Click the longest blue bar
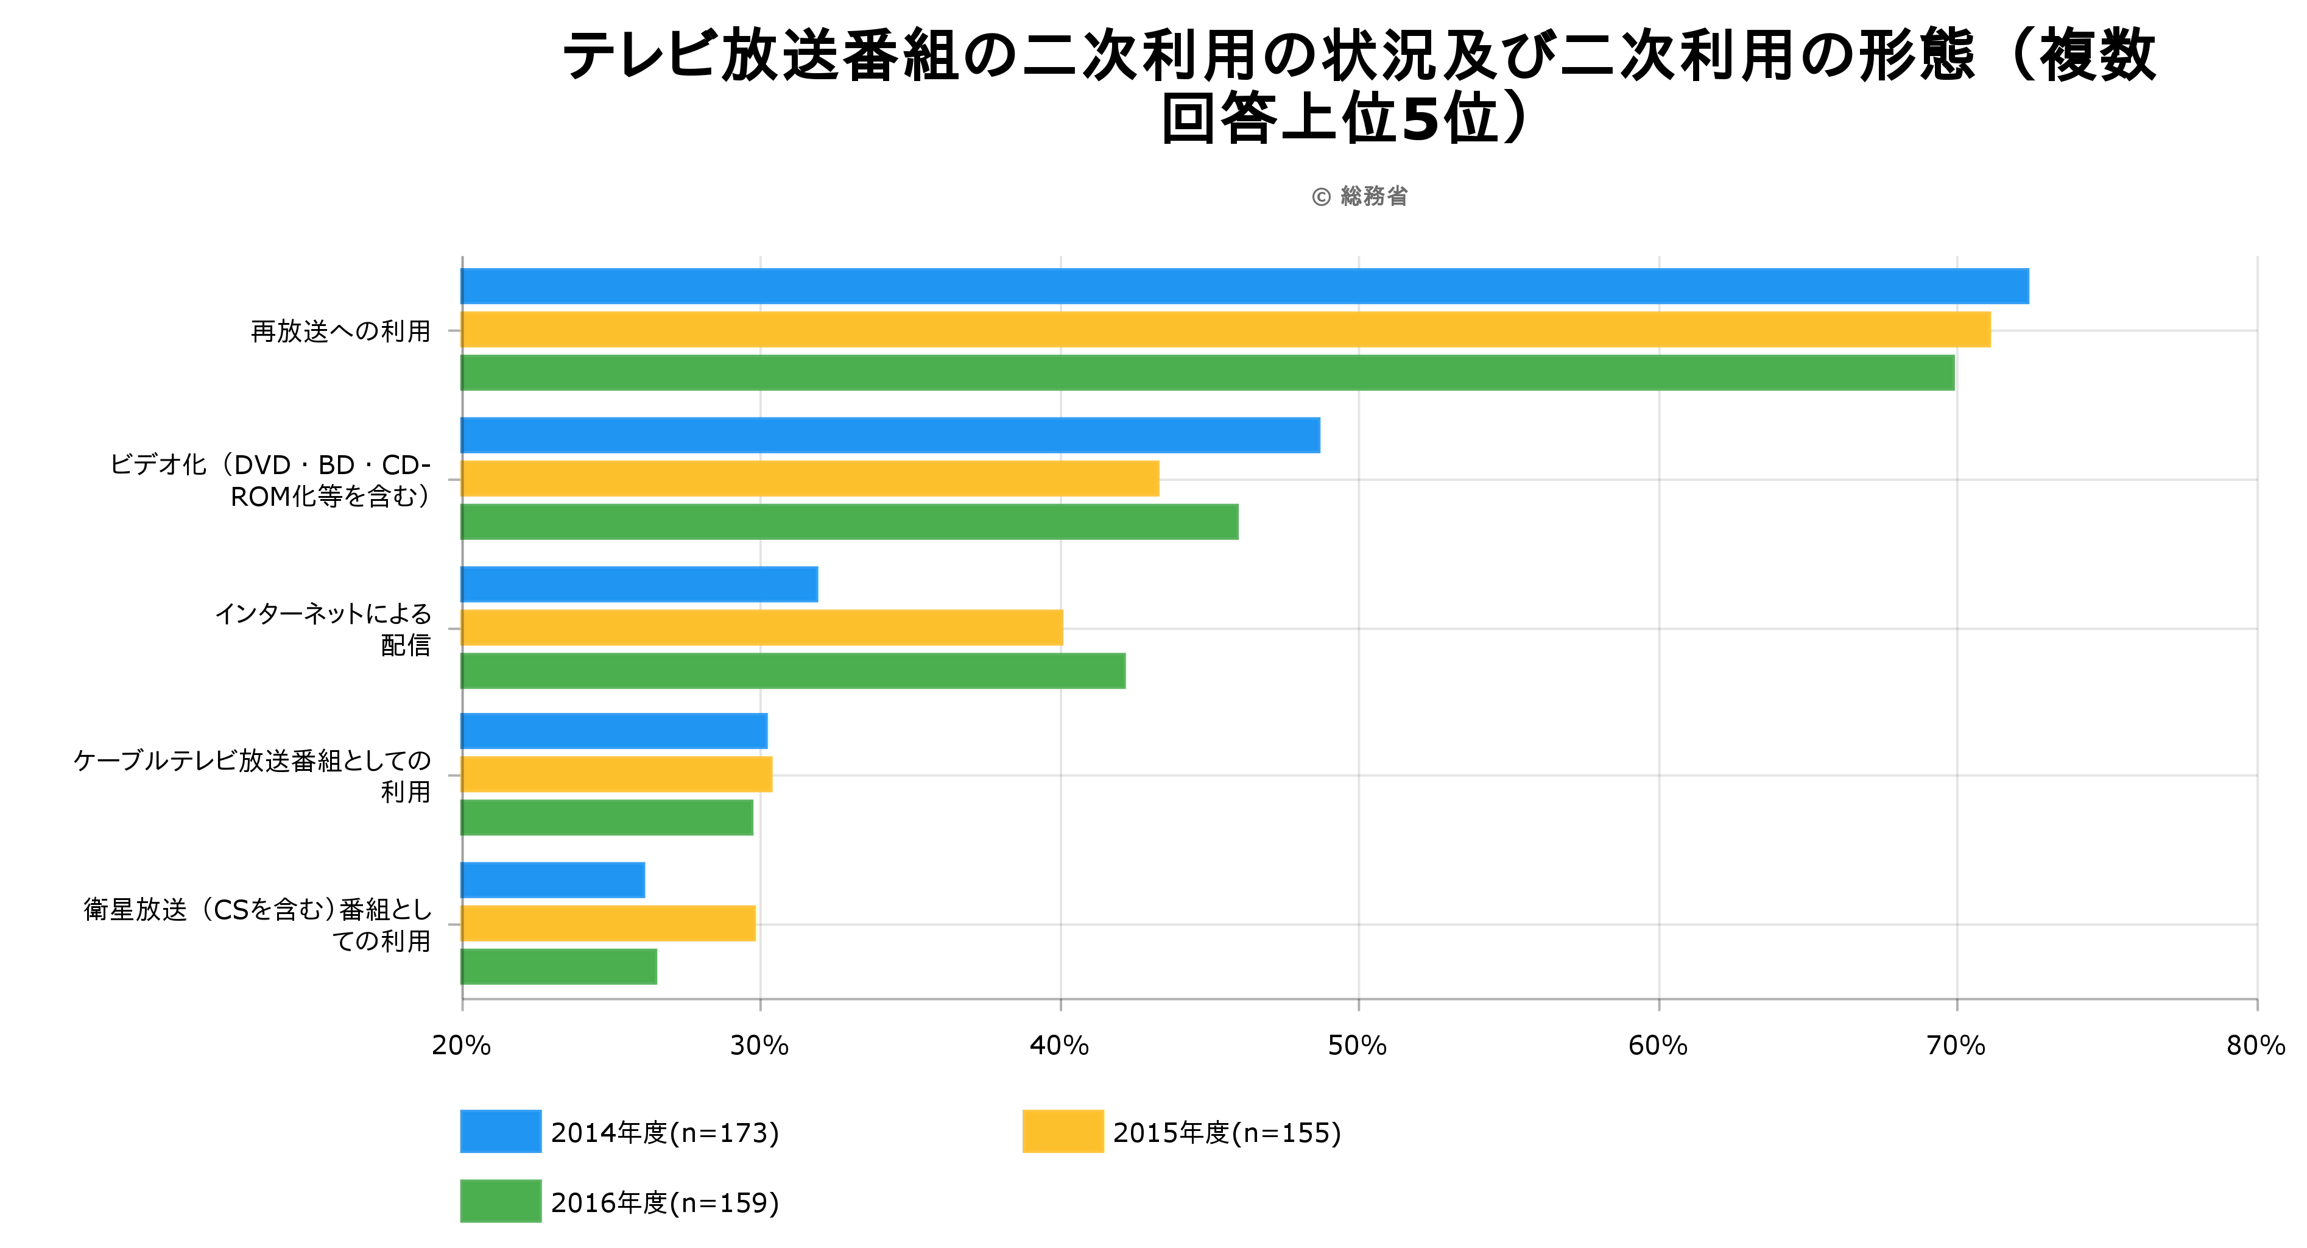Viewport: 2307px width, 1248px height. click(x=1245, y=286)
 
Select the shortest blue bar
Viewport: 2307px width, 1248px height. click(x=552, y=880)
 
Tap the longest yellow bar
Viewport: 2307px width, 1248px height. click(x=1225, y=330)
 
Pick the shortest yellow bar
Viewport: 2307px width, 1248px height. click(x=608, y=923)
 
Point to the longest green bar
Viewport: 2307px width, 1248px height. click(x=1207, y=373)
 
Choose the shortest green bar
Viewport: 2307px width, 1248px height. click(x=559, y=966)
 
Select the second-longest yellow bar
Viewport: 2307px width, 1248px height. click(x=809, y=478)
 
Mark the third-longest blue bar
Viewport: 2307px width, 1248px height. click(x=639, y=584)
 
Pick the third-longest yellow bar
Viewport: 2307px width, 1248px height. click(x=762, y=627)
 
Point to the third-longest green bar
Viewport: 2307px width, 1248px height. click(x=792, y=670)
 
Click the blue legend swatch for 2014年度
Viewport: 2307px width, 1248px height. click(x=500, y=1132)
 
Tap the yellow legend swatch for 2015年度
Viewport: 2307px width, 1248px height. click(x=1062, y=1132)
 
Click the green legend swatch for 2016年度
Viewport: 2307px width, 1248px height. click(x=500, y=1202)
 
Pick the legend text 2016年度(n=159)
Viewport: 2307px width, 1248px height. click(x=664, y=1203)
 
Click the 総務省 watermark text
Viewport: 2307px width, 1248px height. click(x=1374, y=196)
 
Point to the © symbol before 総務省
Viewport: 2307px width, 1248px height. click(x=1321, y=197)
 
